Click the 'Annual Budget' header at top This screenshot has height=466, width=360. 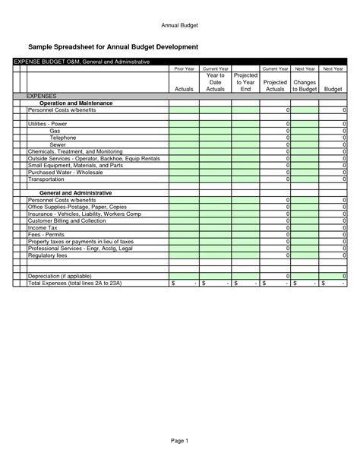pyautogui.click(x=179, y=24)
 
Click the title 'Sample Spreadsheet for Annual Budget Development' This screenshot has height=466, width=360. pyautogui.click(x=113, y=47)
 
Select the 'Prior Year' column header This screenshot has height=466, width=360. pyautogui.click(x=184, y=68)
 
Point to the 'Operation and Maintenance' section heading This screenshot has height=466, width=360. pyautogui.click(x=75, y=103)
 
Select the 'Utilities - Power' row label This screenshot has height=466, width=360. pyautogui.click(x=47, y=123)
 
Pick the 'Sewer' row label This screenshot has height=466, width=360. pyautogui.click(x=58, y=144)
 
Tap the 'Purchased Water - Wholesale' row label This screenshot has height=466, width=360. pyautogui.click(x=65, y=172)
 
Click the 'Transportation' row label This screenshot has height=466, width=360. pyautogui.click(x=46, y=179)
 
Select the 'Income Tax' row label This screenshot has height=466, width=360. pyautogui.click(x=43, y=227)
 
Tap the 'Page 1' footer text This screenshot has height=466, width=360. pyautogui.click(x=179, y=441)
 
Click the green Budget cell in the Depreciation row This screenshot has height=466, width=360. pyautogui.click(x=333, y=276)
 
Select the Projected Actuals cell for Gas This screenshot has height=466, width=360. pyautogui.click(x=275, y=131)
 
